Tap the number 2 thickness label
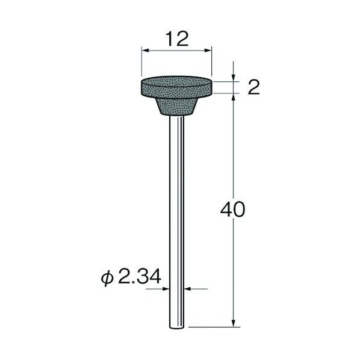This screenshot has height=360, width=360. click(x=253, y=88)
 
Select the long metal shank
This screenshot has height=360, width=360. click(x=177, y=217)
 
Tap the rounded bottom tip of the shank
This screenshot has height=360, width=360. click(x=177, y=326)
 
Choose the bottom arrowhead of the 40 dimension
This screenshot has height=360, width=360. click(x=232, y=324)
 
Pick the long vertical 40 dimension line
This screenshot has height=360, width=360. click(x=232, y=181)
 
